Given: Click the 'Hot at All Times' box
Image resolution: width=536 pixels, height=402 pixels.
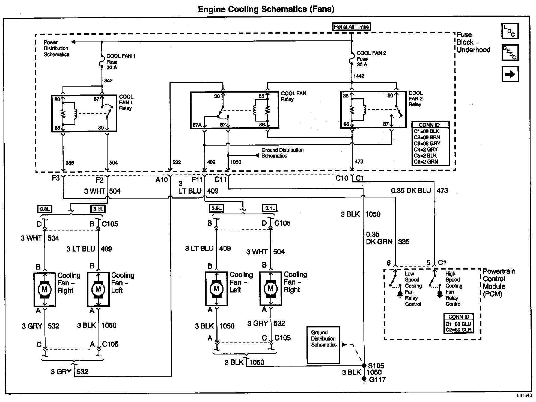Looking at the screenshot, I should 351,27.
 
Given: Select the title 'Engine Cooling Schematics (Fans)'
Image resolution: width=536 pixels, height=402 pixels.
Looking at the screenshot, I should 266,9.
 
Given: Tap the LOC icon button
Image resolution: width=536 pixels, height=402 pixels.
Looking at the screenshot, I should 510,31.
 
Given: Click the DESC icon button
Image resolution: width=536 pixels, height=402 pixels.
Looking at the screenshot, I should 510,52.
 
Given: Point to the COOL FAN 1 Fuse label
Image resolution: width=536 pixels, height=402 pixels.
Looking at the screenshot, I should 120,61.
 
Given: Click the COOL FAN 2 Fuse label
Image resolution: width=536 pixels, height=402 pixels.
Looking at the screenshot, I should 371,59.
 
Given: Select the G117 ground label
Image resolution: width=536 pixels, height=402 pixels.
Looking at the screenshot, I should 377,380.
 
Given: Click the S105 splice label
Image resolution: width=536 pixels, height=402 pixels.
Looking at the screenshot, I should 376,366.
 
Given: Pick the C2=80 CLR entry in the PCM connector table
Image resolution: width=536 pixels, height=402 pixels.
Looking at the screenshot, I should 458,330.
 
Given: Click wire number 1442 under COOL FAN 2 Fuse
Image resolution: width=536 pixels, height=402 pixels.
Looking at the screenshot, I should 359,76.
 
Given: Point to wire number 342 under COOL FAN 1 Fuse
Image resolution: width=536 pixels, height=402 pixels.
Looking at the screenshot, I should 108,81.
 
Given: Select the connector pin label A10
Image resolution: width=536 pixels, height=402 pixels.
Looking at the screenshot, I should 162,180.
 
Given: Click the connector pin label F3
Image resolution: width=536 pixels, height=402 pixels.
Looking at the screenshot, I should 56,179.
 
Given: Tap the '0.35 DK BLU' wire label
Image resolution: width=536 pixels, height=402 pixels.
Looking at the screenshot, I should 411,191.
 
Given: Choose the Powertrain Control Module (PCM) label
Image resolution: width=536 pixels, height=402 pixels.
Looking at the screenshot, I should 499,282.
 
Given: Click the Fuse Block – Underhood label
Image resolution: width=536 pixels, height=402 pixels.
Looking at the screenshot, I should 473,42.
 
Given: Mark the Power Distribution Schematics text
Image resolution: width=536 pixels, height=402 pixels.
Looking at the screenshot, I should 56,49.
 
